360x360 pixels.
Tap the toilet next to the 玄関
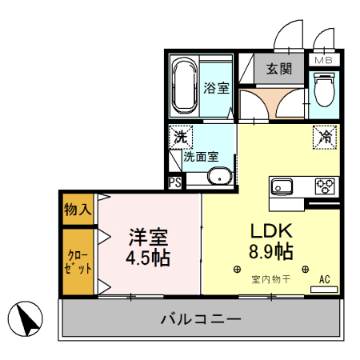pos(325,90)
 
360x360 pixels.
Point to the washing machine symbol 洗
pos(181,137)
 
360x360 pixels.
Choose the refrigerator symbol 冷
pos(326,136)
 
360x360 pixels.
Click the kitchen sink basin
pos(282,187)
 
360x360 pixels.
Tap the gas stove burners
pos(325,186)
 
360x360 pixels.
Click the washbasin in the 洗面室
pos(218,176)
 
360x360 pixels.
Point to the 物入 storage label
pos(78,210)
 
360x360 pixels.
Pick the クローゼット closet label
pos(77,262)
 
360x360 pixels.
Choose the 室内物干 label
pos(270,279)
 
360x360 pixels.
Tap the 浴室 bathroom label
pos(216,88)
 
